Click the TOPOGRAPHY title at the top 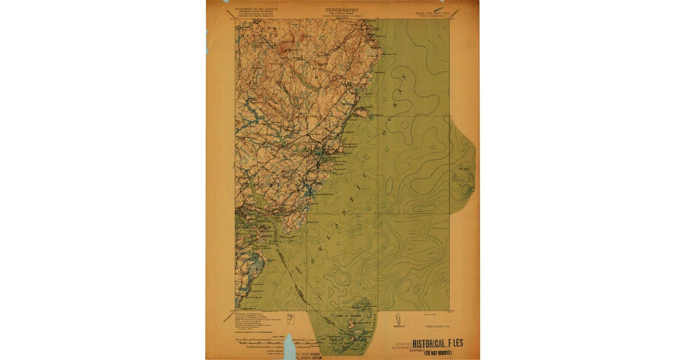click(x=342, y=10)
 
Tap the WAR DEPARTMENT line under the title click(x=342, y=14)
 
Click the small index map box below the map click(x=290, y=318)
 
